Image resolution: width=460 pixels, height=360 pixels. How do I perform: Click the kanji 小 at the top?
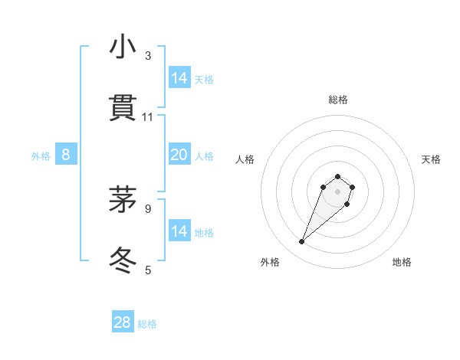[123, 47]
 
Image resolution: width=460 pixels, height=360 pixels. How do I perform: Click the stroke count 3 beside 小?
[148, 56]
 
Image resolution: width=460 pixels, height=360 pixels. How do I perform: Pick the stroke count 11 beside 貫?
[148, 117]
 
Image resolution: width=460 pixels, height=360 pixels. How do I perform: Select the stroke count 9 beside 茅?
[148, 208]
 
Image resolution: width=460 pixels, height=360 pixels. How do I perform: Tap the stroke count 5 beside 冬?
[148, 270]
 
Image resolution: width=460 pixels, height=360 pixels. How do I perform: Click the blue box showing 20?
[179, 155]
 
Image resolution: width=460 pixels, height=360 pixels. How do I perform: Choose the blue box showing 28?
[123, 322]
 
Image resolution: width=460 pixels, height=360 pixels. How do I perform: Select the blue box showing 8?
[66, 155]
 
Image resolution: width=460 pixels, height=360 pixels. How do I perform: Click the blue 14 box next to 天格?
[179, 78]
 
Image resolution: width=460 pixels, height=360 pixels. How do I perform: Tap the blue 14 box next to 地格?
[179, 231]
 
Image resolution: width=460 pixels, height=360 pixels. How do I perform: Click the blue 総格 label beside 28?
[147, 324]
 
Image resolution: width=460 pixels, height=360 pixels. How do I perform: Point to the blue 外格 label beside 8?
[41, 156]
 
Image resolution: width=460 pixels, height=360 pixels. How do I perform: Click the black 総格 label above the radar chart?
[337, 100]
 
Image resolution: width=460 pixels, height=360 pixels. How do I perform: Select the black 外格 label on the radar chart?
[270, 262]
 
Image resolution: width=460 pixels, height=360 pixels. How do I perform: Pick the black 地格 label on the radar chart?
[402, 262]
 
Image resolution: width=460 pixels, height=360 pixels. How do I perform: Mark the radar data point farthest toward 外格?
[302, 242]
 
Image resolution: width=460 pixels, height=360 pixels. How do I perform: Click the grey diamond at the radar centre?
[337, 191]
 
